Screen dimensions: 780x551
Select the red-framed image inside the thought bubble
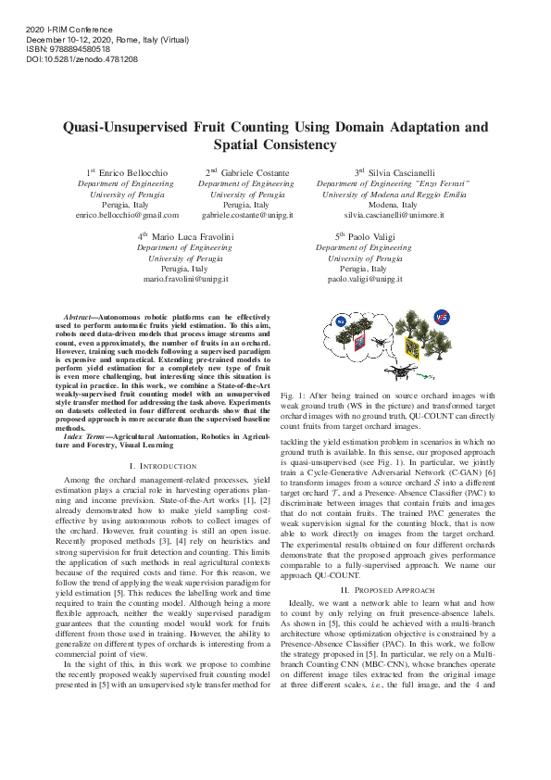tap(358, 342)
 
